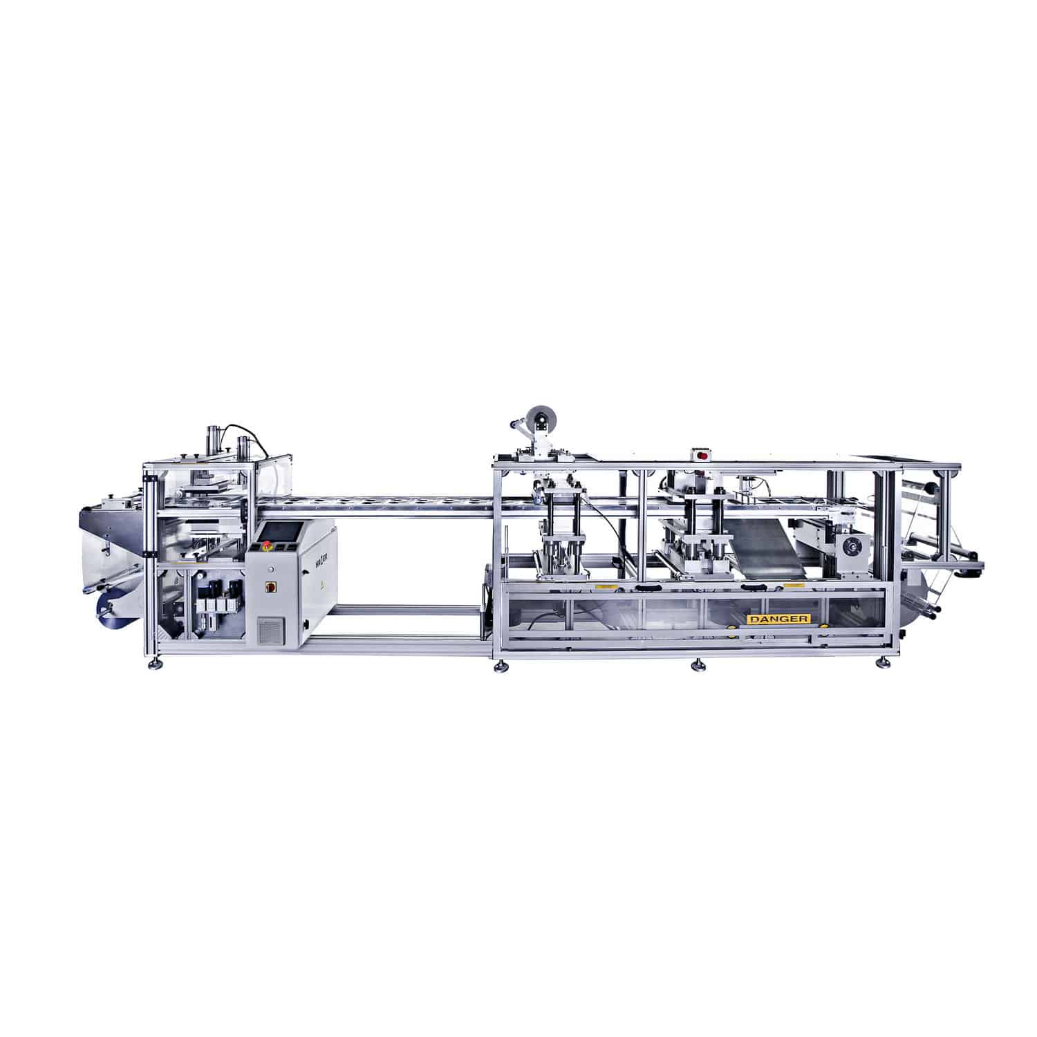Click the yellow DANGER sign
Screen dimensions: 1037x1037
[778, 619]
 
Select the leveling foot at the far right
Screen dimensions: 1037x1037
[882, 662]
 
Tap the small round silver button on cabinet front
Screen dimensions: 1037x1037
[272, 568]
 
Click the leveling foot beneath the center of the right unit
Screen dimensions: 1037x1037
[698, 666]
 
